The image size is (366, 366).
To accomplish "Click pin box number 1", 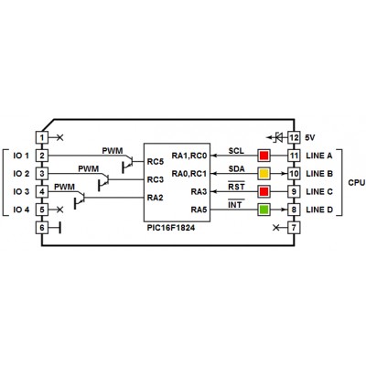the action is tap(42, 137).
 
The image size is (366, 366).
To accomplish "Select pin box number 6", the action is tap(42, 228).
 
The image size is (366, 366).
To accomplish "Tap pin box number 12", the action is tap(294, 137).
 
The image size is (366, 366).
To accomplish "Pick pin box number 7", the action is tap(294, 228).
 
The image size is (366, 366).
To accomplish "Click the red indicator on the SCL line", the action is tap(264, 156).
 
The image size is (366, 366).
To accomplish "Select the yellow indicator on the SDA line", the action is tap(264, 174).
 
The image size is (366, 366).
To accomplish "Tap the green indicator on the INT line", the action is tap(264, 210).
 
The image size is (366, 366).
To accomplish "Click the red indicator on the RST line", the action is tap(264, 191).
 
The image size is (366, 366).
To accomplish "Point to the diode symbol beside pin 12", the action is tap(277, 137).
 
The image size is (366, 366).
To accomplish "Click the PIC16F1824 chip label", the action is tap(171, 228).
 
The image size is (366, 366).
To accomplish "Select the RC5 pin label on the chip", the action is tap(156, 161).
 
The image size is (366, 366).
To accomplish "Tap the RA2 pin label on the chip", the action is tap(156, 198).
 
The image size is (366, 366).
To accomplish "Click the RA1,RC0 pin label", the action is tap(189, 156).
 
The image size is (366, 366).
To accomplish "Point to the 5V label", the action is tap(310, 137).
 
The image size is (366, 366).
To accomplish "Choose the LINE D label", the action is tap(319, 210).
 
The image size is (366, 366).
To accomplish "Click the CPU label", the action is tap(357, 182).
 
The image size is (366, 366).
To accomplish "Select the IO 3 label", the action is tap(21, 191).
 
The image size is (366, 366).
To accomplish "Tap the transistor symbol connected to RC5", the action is tap(128, 163).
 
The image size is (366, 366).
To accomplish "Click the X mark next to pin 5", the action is tap(60, 210).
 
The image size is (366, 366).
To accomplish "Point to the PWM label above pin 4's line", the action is tap(64, 187).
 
